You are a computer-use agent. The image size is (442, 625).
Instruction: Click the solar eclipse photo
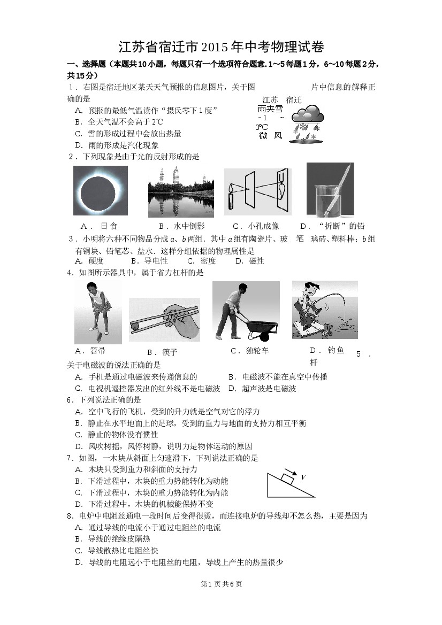coord(101,190)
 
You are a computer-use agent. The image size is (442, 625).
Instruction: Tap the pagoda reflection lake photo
coord(181,192)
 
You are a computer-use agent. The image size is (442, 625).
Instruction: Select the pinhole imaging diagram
coord(258,192)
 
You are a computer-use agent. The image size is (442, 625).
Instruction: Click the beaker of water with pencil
coord(330,189)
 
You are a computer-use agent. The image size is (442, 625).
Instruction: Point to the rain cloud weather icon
coord(307,122)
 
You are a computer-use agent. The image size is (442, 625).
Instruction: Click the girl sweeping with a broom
coord(98,312)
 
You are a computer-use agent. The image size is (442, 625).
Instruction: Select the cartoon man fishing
coord(325,310)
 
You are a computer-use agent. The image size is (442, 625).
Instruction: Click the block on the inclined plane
coord(287,477)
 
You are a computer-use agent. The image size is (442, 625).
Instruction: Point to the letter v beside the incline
coord(303,476)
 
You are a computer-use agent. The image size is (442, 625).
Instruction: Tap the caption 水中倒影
coord(189,226)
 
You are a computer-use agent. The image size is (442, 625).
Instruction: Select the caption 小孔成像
coord(264,226)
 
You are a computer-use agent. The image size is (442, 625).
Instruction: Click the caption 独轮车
coord(257,351)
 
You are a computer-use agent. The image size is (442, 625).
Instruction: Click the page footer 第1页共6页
coord(222,584)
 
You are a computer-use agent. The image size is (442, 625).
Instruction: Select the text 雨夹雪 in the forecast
coord(270,109)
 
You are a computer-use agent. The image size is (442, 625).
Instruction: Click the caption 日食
coord(109,226)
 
